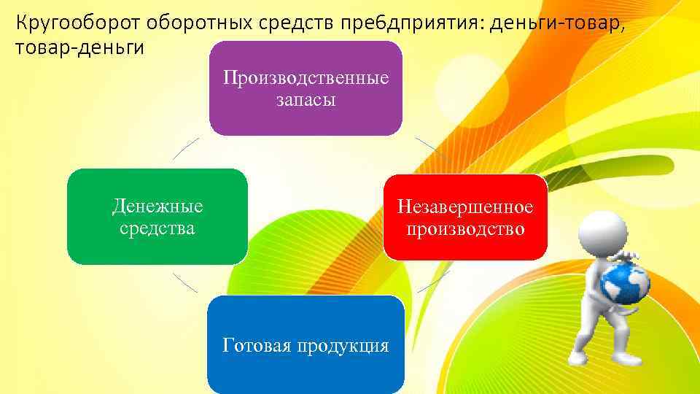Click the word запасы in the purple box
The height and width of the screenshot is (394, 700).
[x=306, y=100]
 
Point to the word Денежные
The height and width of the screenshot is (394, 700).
[x=157, y=206]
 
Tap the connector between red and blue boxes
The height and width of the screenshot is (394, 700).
[x=433, y=282]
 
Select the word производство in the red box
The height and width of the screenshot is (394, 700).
[x=465, y=229]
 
